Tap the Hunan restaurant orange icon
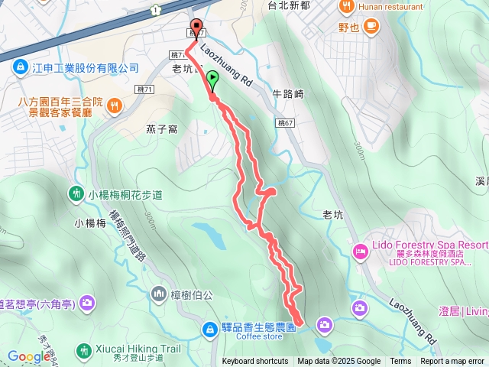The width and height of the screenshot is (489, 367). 348,7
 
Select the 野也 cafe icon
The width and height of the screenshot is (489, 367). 371,27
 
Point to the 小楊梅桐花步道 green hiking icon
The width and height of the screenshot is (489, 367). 77,194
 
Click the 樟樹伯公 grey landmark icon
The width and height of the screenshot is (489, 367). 159,292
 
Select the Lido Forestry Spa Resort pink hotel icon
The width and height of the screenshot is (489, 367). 360,250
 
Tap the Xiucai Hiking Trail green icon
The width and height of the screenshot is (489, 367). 83,349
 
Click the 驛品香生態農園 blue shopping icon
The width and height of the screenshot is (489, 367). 209,329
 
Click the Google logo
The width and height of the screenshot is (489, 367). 28,356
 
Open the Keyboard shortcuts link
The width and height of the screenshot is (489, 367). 255,362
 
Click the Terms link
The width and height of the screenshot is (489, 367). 400,362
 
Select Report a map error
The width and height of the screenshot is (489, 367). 452,362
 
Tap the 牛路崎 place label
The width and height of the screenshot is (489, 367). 289,95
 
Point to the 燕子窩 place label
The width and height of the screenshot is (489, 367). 162,128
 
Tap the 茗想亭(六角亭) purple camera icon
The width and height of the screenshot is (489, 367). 87,303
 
